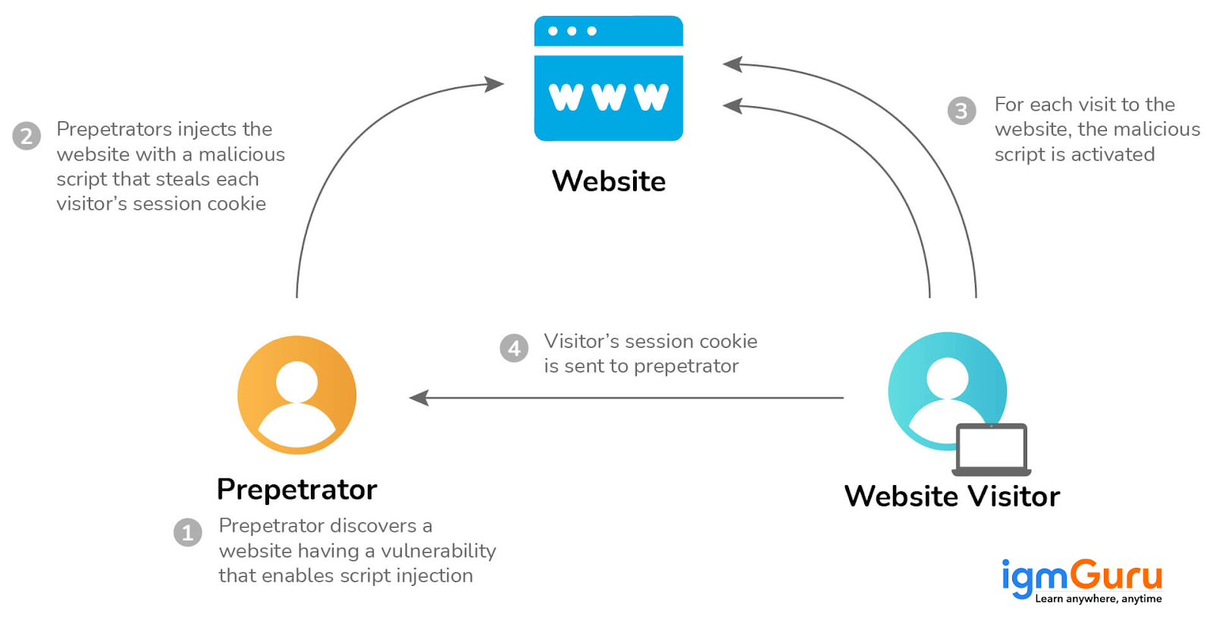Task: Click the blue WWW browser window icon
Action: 608,79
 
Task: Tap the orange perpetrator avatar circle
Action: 296,395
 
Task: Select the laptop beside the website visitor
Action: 991,449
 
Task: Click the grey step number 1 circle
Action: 188,532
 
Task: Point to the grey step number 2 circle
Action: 27,136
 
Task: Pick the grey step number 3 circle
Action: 961,111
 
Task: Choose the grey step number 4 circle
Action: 514,348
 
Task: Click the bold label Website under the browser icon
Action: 608,181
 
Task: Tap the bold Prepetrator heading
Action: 296,490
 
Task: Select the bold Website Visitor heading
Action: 951,496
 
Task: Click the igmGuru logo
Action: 1082,577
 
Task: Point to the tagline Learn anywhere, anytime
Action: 1098,599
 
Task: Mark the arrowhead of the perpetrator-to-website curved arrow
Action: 495,83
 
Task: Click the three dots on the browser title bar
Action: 572,31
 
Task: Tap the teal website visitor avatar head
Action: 947,377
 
